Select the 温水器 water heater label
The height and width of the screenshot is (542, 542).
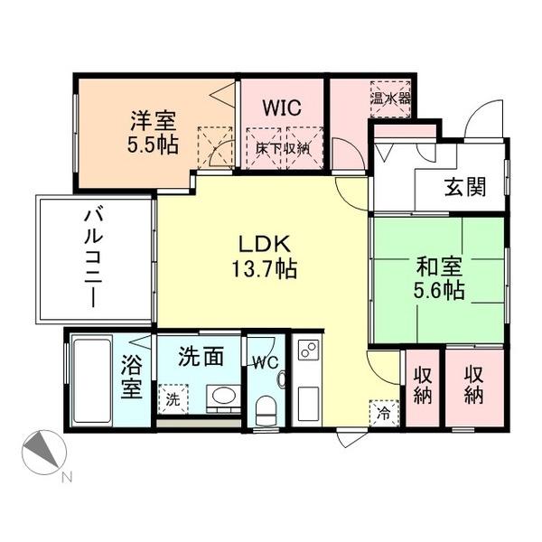pyautogui.click(x=390, y=97)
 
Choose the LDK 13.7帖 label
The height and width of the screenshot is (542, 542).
pyautogui.click(x=263, y=257)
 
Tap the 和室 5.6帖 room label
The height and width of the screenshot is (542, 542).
pyautogui.click(x=439, y=278)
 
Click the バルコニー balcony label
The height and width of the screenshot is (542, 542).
pyautogui.click(x=92, y=259)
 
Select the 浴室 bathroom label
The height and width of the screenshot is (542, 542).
pyautogui.click(x=132, y=379)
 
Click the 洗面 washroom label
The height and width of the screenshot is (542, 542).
pyautogui.click(x=200, y=357)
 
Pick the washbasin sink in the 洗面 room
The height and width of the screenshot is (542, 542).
pyautogui.click(x=220, y=397)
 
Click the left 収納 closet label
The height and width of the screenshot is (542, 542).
pyautogui.click(x=422, y=385)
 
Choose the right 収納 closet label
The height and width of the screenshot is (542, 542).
pyautogui.click(x=474, y=385)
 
